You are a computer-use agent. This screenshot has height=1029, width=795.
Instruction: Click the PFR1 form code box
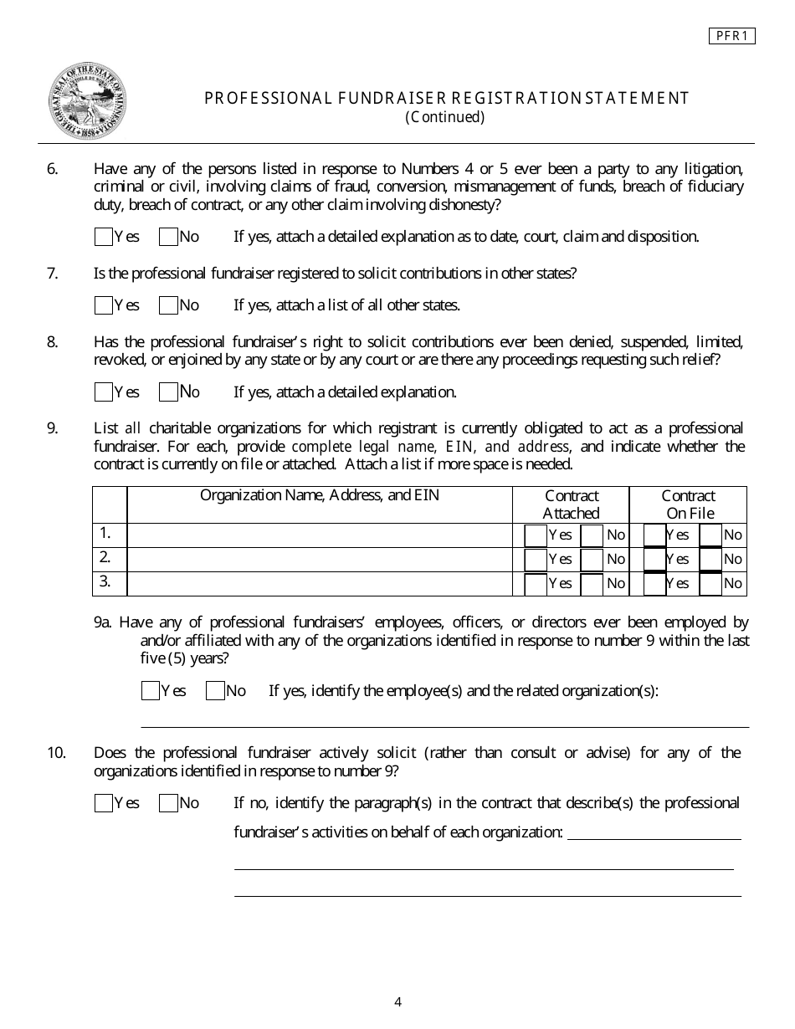pos(732,36)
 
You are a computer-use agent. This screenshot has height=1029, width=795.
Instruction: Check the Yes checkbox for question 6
pos(104,237)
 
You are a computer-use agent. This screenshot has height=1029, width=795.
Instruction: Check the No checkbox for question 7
pos(168,305)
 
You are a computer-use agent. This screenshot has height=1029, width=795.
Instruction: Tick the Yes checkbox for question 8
pos(104,392)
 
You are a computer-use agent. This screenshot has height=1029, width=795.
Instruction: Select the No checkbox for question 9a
pos(215,691)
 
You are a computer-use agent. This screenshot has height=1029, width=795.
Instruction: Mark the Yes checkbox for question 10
pos(104,803)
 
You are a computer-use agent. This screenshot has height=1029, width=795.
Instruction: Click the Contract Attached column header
pos(571,504)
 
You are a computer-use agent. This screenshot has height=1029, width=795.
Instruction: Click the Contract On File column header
pos(689,504)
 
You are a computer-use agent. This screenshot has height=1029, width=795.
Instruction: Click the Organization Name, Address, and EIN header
pos(319,495)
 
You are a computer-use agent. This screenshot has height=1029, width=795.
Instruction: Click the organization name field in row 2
pos(319,559)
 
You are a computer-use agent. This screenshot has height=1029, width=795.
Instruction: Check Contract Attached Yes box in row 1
pos(536,535)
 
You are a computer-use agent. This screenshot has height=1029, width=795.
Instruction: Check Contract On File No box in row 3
pos(710,584)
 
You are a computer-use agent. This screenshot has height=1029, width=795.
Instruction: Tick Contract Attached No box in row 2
pos(592,560)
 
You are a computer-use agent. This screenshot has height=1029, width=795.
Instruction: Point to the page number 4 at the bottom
pos(397,1002)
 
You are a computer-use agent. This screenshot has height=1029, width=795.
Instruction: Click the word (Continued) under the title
pos(445,117)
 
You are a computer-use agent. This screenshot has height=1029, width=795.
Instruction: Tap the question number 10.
pos(56,753)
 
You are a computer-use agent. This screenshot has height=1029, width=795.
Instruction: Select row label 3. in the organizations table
pos(105,582)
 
